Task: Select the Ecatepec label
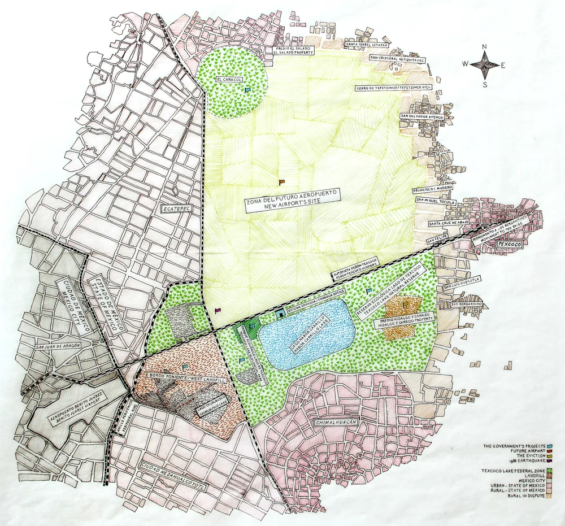tap(175, 208)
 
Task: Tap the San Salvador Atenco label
tap(422, 116)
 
